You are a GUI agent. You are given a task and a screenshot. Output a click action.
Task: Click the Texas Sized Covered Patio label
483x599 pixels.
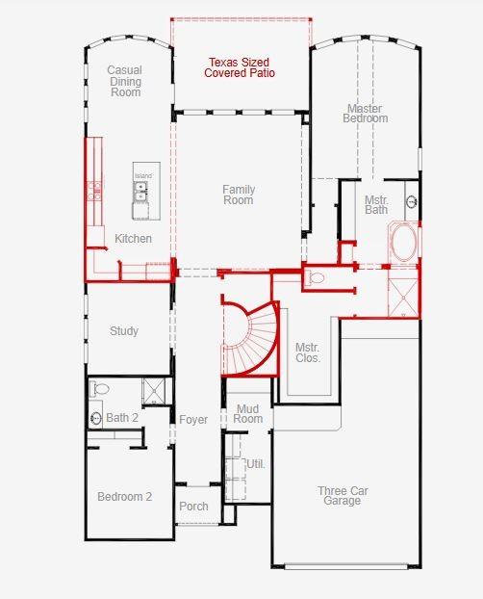click(x=239, y=67)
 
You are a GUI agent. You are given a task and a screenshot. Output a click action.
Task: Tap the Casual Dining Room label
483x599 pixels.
click(x=125, y=81)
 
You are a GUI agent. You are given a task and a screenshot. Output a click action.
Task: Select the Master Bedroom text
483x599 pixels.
click(x=366, y=114)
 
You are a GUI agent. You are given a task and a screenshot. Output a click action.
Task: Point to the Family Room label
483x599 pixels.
click(x=239, y=195)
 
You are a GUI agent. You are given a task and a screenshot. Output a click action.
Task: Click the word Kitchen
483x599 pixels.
click(x=133, y=239)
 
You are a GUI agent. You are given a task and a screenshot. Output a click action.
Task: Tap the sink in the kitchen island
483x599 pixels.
click(x=142, y=193)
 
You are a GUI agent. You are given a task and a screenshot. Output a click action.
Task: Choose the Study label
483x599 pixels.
click(x=124, y=331)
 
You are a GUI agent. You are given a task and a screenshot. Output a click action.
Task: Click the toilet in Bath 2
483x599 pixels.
click(x=100, y=389)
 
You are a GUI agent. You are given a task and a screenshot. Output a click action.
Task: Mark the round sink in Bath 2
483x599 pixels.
click(x=96, y=418)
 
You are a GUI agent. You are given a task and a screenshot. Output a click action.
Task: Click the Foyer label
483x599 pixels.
click(x=193, y=420)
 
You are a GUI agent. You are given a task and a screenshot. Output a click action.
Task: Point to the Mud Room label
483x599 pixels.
click(x=248, y=414)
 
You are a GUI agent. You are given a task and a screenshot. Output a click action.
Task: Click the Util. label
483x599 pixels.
click(x=255, y=464)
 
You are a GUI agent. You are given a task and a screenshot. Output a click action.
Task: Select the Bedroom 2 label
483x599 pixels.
click(x=125, y=497)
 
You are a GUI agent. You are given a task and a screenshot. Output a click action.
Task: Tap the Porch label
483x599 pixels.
click(x=193, y=507)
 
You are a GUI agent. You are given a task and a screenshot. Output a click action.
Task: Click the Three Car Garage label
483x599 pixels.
click(x=343, y=496)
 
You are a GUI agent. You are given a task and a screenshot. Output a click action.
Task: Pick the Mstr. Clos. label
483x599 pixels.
click(x=308, y=352)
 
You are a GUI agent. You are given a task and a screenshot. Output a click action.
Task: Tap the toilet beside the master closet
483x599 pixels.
click(x=316, y=278)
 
